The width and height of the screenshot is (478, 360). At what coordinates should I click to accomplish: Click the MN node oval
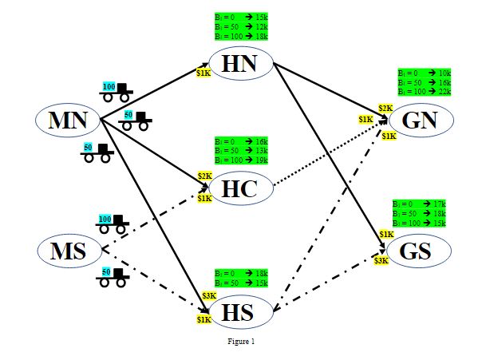(67, 121)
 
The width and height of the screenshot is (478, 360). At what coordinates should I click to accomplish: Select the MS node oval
(67, 251)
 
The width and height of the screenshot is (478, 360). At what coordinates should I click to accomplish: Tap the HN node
(241, 65)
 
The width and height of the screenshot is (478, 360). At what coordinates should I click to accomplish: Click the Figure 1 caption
(240, 342)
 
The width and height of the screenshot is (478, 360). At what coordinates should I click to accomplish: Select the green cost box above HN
(242, 26)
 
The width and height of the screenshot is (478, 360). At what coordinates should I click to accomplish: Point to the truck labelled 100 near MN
(116, 90)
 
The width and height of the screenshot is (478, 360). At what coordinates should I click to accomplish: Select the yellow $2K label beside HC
(204, 176)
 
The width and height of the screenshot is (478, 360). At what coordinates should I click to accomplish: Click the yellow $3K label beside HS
(209, 296)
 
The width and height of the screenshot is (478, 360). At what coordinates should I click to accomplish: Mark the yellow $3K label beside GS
(381, 260)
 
